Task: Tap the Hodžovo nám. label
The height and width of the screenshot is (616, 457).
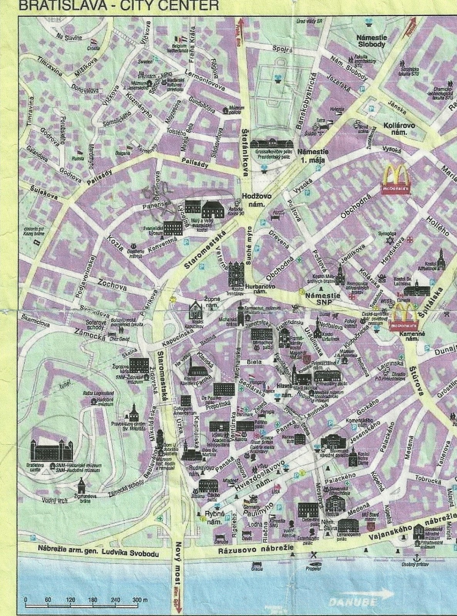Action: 256,199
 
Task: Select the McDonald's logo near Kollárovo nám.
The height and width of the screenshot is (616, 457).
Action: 396,179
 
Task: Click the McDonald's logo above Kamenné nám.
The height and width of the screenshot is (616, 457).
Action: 405,316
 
